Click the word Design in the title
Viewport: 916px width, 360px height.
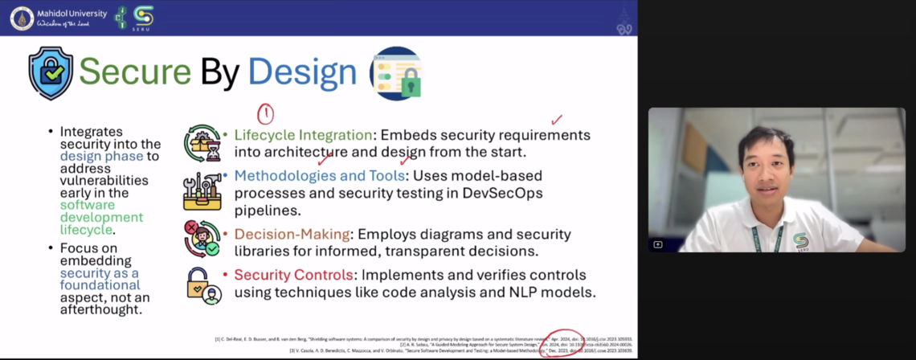point(302,72)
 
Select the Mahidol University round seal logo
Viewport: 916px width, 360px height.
point(22,18)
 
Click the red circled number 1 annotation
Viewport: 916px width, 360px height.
point(265,114)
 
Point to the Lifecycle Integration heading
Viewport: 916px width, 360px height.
point(303,135)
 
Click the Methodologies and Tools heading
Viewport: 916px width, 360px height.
point(318,175)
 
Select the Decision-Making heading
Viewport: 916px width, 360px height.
point(292,234)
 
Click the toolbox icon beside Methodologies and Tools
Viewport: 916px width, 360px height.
point(202,190)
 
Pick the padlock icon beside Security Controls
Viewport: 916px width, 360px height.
point(202,285)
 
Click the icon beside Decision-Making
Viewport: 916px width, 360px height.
point(202,239)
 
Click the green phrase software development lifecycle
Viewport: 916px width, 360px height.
point(100,217)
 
